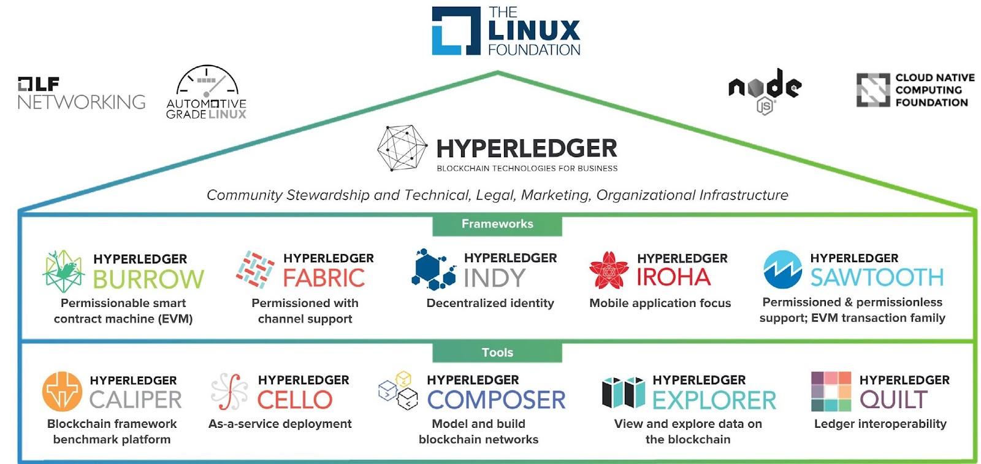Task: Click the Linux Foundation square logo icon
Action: tap(456, 31)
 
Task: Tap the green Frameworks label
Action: tap(497, 224)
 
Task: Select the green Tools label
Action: tap(497, 352)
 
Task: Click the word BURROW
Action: tap(148, 279)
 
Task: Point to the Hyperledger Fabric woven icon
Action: tap(255, 269)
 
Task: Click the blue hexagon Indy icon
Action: tap(433, 269)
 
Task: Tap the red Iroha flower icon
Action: tap(608, 270)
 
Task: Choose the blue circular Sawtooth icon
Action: tap(782, 269)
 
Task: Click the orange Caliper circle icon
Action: tap(62, 392)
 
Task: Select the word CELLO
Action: tap(295, 400)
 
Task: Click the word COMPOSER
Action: tap(496, 400)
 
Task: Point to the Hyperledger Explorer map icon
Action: tap(623, 392)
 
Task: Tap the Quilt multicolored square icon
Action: tap(831, 392)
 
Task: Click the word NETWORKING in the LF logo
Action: tap(81, 102)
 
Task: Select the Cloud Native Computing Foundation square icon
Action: tap(872, 90)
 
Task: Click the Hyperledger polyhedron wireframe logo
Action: tap(402, 148)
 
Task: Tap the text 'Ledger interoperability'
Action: tap(880, 423)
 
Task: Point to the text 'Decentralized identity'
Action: tap(490, 303)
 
